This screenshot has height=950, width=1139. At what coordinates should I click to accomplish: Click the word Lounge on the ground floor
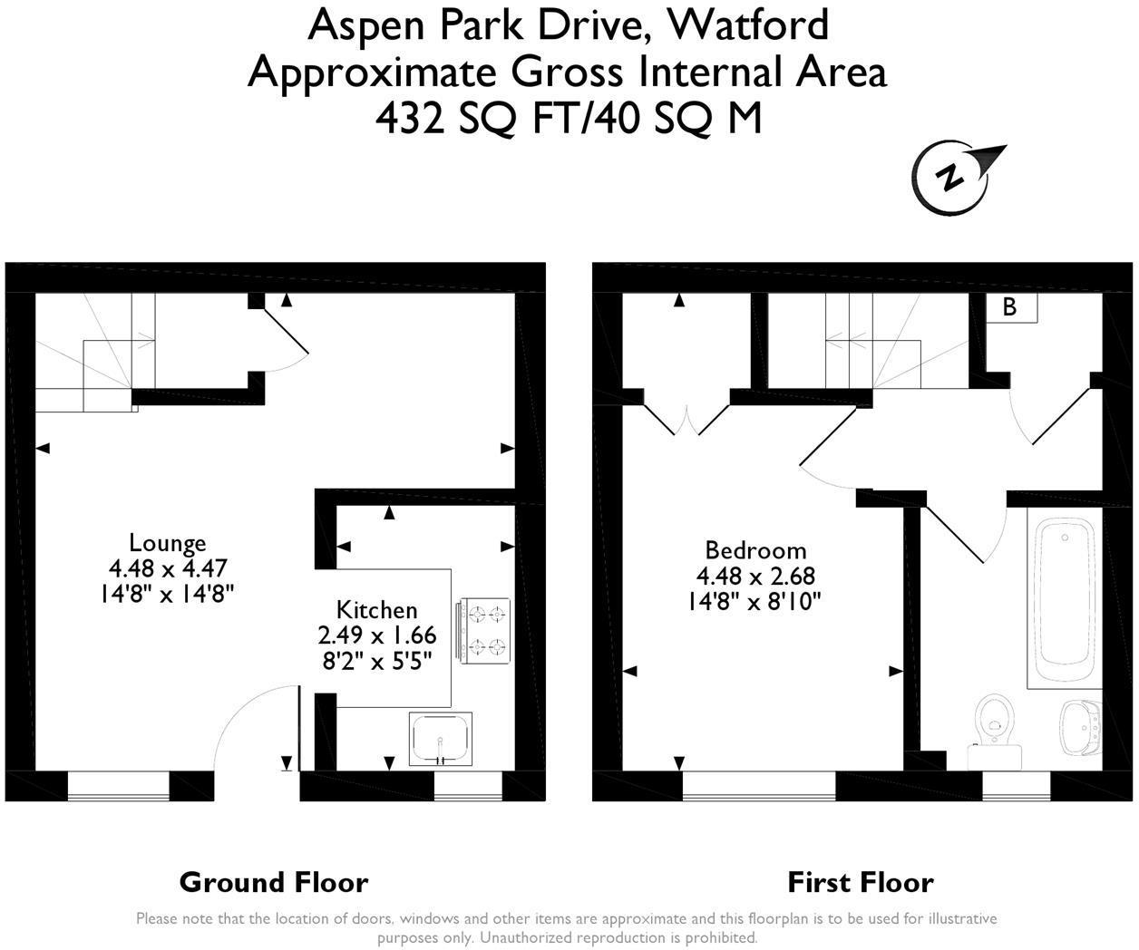tap(168, 543)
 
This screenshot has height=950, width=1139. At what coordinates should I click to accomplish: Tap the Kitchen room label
tap(377, 610)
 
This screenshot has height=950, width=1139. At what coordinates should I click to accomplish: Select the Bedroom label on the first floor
tap(756, 550)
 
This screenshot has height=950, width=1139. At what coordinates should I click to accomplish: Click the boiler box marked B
tap(1011, 307)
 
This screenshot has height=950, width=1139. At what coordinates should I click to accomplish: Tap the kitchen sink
tap(440, 739)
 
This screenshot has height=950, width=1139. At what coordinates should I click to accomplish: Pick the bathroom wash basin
tap(1081, 727)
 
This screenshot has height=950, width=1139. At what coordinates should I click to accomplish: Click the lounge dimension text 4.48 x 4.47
tap(168, 568)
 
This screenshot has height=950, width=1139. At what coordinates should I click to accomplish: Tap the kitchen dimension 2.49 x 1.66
tap(377, 635)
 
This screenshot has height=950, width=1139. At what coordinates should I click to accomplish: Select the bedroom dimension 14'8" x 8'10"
tap(755, 602)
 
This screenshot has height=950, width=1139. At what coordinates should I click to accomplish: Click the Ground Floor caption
tap(274, 882)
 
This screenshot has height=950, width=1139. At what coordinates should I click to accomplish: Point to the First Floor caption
tap(861, 882)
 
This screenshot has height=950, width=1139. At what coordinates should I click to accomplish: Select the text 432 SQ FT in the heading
tap(479, 119)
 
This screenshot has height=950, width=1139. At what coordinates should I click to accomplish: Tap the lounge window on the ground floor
tap(119, 786)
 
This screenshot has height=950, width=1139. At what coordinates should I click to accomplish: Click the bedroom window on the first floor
tap(759, 786)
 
